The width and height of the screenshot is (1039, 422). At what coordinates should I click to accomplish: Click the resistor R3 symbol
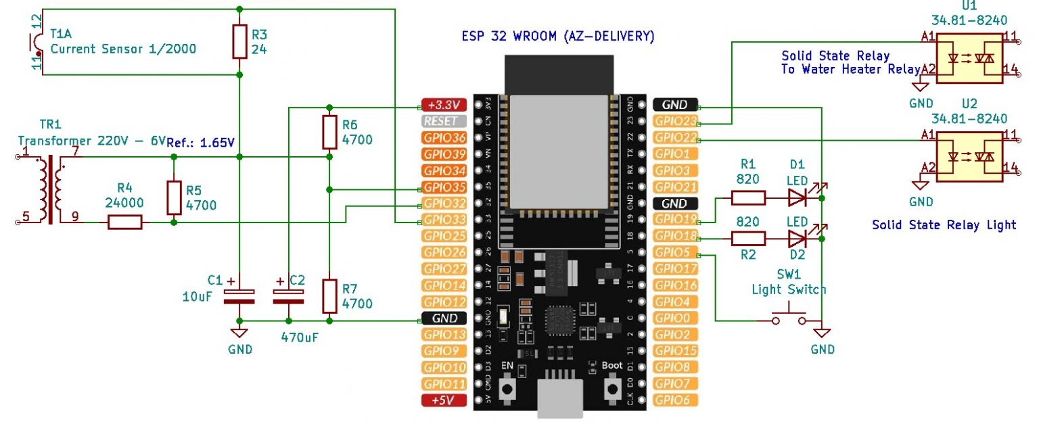point(239,41)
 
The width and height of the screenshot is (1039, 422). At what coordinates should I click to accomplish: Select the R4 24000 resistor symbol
point(124,222)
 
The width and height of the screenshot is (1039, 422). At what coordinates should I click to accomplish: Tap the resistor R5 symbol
point(174,197)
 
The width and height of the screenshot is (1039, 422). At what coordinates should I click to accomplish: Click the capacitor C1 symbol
point(239,295)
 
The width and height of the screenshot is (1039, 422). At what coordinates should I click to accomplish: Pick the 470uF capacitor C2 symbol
point(289,295)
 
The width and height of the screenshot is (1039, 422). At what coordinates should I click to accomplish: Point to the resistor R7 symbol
point(329,296)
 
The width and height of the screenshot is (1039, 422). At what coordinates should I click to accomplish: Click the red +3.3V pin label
point(444,105)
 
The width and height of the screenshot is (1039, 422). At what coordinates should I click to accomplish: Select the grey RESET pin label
point(444,122)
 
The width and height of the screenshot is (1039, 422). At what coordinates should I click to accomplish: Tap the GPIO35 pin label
point(444,187)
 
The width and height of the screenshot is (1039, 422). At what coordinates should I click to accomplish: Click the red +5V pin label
point(444,400)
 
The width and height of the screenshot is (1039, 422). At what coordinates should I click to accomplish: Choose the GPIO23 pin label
point(676,122)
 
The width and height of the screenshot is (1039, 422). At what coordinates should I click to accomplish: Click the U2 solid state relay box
point(969,156)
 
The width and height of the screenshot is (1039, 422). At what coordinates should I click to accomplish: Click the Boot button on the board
point(613,388)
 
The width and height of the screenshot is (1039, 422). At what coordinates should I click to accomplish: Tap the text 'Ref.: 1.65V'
point(201,142)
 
